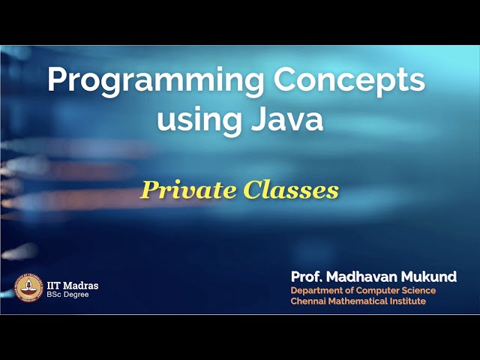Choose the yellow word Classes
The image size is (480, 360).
tap(290, 190)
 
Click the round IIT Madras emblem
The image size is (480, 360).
tap(28, 286)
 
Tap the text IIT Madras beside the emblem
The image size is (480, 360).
tap(73, 285)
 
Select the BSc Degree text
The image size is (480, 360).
tap(68, 295)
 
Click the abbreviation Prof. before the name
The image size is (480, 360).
tap(307, 277)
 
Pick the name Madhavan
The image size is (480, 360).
tap(365, 277)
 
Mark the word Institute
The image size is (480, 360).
tap(409, 301)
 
